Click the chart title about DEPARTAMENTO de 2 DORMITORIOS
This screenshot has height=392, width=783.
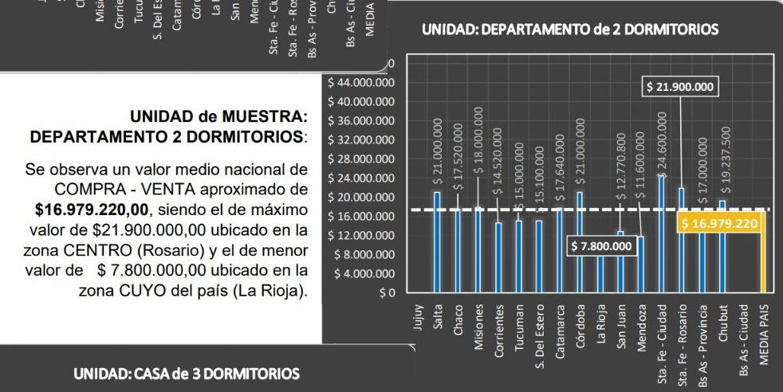click(569, 30)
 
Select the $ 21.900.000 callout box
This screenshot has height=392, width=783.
click(680, 87)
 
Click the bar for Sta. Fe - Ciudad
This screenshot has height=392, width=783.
click(661, 234)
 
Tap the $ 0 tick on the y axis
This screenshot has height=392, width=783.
click(387, 293)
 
